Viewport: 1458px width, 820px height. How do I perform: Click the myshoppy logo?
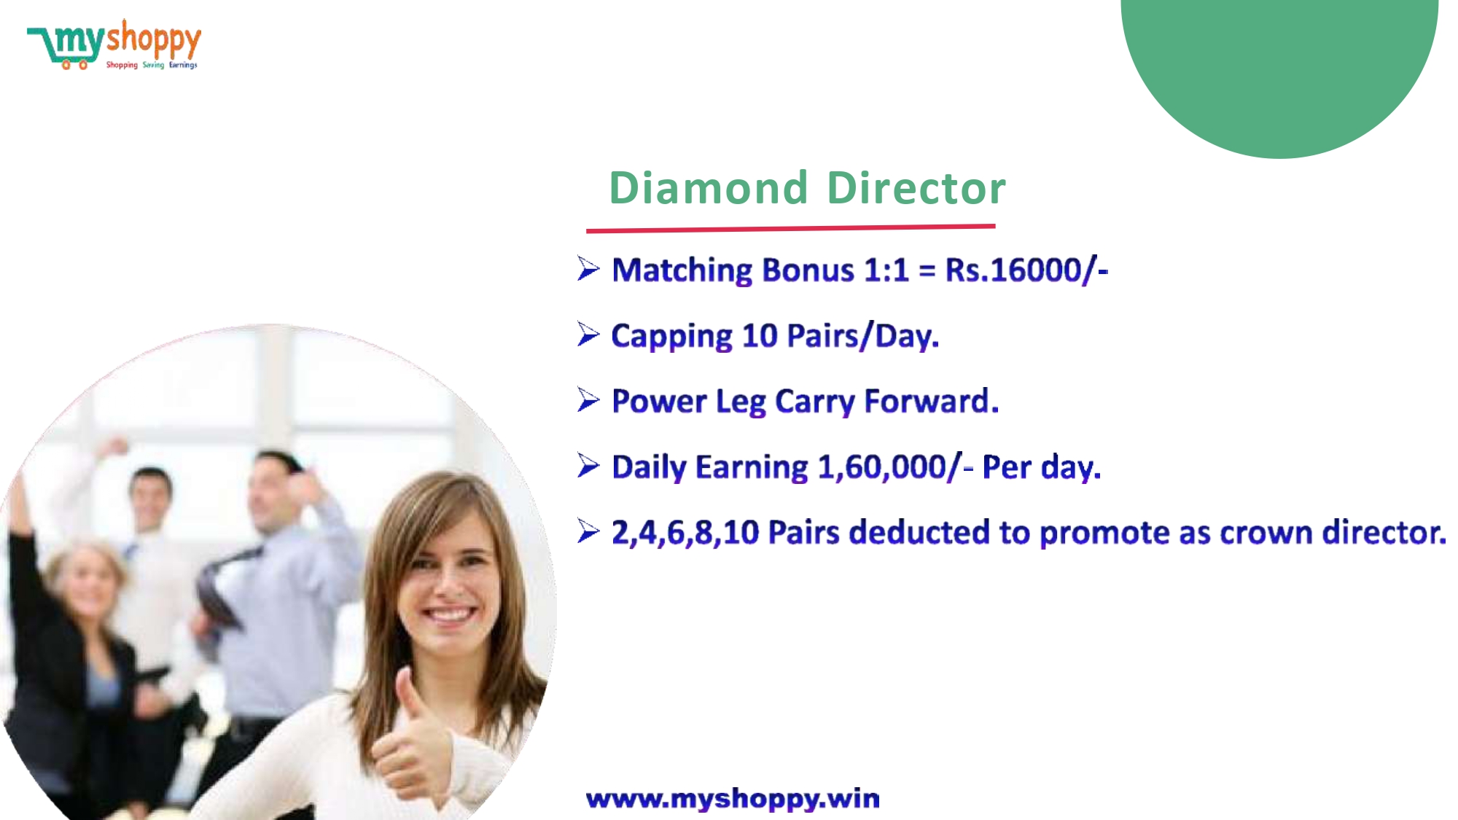click(x=114, y=44)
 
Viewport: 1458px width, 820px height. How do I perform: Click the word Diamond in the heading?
click(x=709, y=188)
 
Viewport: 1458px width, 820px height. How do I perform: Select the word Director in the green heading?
click(x=916, y=188)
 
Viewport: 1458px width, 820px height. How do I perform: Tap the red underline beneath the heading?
click(x=790, y=229)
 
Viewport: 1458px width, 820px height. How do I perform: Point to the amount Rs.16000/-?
click(x=1026, y=270)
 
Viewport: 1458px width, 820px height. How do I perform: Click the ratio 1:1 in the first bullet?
click(x=886, y=270)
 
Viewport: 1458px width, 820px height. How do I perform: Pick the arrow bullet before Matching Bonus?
click(x=588, y=268)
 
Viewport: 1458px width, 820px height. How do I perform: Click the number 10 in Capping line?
click(x=760, y=336)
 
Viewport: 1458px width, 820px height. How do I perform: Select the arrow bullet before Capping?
click(x=588, y=334)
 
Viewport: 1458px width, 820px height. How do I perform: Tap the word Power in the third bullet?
click(x=659, y=402)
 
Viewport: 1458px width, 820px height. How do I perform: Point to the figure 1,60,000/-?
click(x=895, y=467)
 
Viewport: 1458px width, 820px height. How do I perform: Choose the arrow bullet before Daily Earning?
click(x=588, y=465)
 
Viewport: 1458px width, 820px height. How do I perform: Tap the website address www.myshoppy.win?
click(x=733, y=799)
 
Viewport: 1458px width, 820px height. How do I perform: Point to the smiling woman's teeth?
click(x=451, y=614)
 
